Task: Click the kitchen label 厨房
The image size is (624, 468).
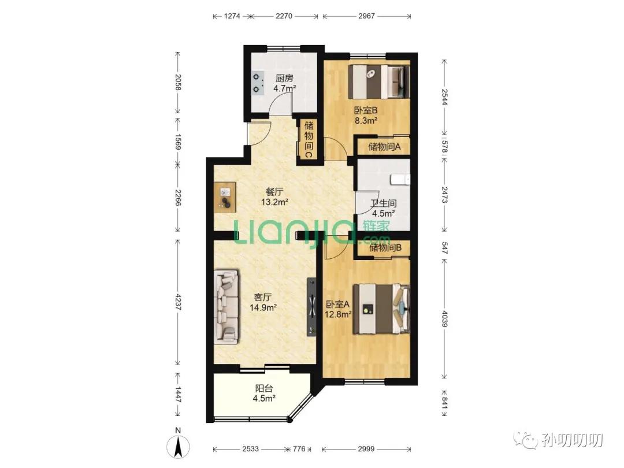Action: (284, 78)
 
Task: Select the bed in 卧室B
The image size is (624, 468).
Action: (379, 82)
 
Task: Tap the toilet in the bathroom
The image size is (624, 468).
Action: (401, 180)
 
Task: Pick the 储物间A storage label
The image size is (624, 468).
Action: (384, 147)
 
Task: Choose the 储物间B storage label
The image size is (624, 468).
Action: (385, 248)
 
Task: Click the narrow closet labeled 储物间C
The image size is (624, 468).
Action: (309, 140)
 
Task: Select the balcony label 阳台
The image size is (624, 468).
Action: (263, 388)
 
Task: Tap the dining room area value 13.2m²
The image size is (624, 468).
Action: (274, 202)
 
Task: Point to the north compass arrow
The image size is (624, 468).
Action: (179, 445)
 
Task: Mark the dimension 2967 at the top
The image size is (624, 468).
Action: (366, 16)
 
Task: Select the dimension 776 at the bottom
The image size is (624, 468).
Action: (299, 448)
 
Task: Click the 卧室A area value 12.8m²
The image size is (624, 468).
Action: (338, 314)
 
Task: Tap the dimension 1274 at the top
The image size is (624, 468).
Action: (232, 16)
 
